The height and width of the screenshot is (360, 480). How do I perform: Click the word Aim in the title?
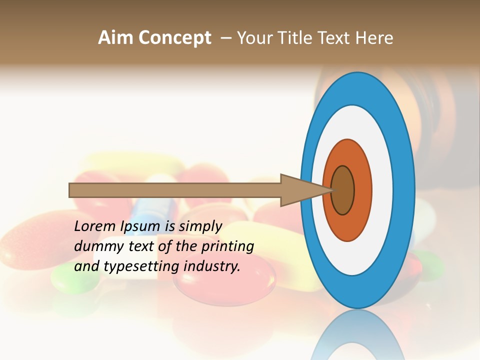[116, 38]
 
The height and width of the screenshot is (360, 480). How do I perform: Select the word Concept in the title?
[175, 38]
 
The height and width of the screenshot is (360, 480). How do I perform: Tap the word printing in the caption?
[227, 246]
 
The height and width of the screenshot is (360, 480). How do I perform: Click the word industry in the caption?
[212, 266]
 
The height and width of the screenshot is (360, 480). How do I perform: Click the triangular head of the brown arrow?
[300, 190]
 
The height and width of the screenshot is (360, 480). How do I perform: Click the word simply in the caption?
[200, 227]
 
